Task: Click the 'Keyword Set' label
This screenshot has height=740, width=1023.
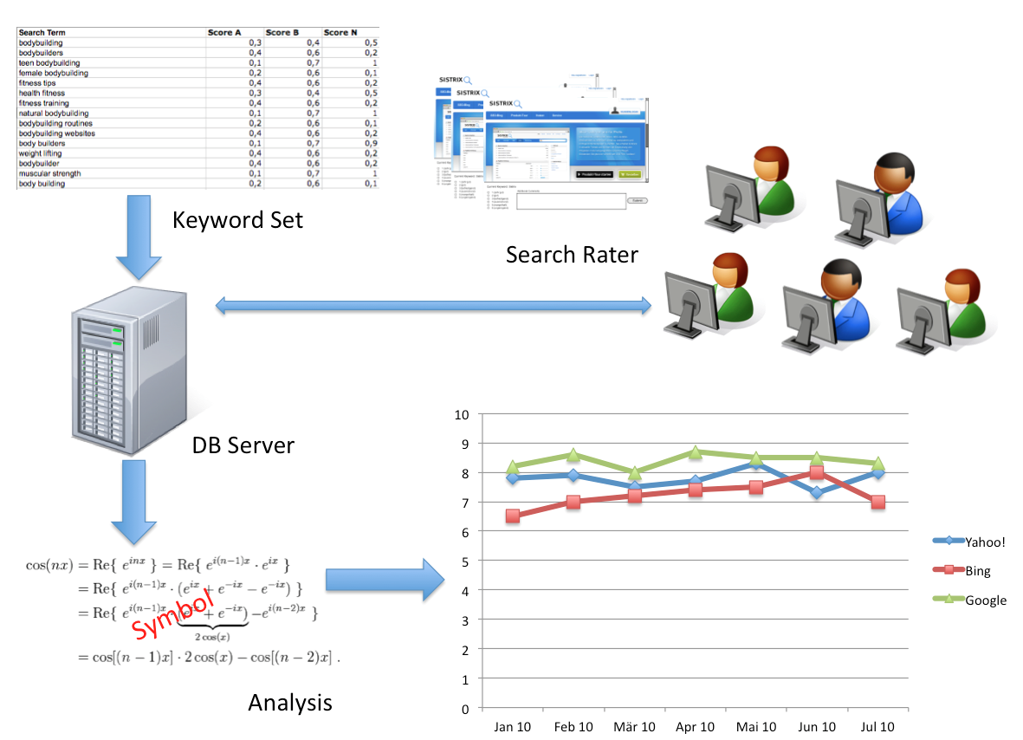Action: [237, 220]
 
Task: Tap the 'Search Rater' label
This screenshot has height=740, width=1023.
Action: [572, 255]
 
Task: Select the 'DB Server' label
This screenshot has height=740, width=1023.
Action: [243, 446]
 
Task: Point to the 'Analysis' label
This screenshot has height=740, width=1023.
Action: [290, 703]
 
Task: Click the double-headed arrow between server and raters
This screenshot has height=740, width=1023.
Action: [433, 305]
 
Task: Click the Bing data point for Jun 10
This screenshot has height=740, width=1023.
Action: [817, 473]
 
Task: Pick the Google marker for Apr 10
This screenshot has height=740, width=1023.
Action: [695, 452]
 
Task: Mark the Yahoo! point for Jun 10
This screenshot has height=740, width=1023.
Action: [817, 493]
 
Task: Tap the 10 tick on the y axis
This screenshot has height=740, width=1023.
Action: [461, 414]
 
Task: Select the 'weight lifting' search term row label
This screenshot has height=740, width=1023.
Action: [41, 153]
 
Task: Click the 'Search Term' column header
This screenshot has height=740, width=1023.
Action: [43, 33]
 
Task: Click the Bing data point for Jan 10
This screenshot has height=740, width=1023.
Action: [513, 516]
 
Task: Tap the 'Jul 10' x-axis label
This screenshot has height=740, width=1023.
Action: [877, 726]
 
